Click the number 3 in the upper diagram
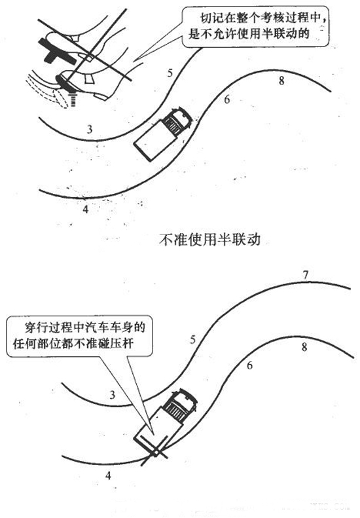pos(90,129)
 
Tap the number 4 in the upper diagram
pos(86,209)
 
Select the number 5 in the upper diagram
pos(170,73)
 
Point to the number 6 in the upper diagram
pos(226,100)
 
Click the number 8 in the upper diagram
pos(281,81)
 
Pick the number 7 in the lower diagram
pos(306,274)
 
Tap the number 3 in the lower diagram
pos(113,394)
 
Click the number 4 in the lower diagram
pos(108,475)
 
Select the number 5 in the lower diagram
pos(193,340)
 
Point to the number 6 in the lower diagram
pos(249,365)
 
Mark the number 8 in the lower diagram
pos(304,347)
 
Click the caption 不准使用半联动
pos(209,240)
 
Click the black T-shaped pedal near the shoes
pos(57,52)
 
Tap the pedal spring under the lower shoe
pos(73,99)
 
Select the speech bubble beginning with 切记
pos(256,26)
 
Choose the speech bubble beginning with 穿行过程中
pos(80,336)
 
